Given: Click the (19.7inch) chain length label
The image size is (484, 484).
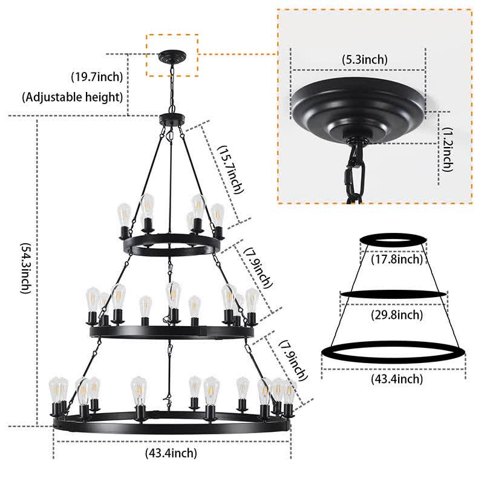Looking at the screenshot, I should click(97, 76).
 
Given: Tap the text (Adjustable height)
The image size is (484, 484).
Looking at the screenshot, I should click(73, 96).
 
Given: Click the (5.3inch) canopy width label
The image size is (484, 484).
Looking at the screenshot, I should click(365, 59).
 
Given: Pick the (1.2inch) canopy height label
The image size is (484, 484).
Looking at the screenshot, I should click(446, 149).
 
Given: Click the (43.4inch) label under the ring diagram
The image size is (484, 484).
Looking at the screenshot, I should click(394, 379).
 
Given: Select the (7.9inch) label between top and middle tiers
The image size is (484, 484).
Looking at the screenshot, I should click(257, 267).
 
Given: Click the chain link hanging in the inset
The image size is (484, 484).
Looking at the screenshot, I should click(352, 172).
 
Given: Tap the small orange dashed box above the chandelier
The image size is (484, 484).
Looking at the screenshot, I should click(172, 55).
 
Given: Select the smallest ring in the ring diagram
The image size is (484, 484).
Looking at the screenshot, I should click(394, 241).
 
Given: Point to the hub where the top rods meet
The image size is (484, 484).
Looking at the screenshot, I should click(172, 119).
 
